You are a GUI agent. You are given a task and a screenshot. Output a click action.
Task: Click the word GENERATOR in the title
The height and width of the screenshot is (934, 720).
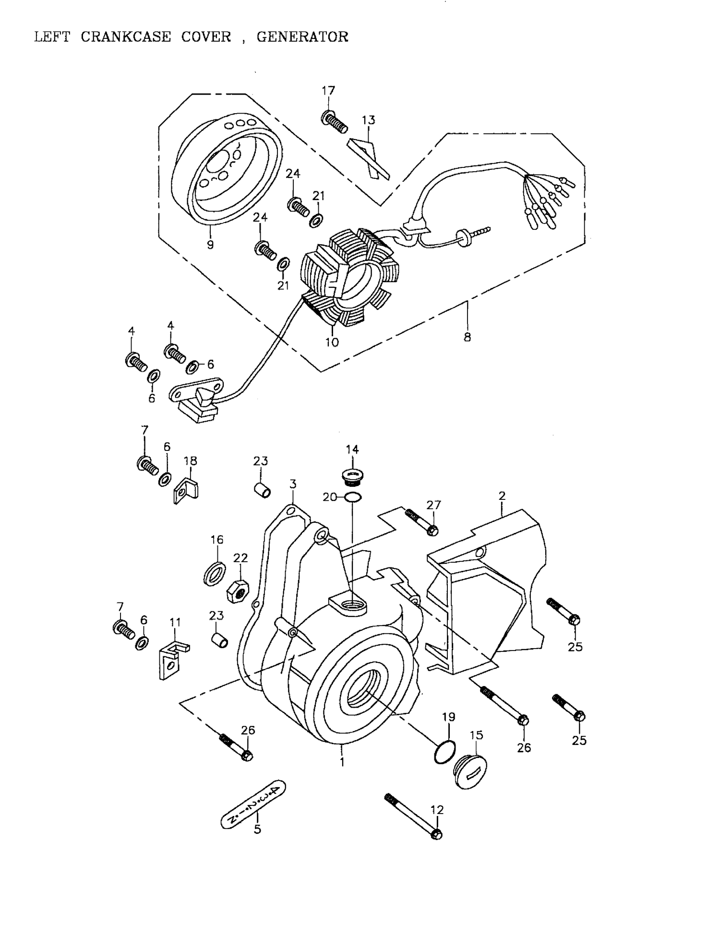point(302,37)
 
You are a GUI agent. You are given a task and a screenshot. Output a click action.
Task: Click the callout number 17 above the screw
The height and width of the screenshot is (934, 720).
point(328,91)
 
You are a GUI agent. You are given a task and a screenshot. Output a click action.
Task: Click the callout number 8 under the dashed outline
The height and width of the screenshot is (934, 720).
point(467,337)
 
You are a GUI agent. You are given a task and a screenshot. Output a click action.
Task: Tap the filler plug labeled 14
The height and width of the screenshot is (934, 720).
point(352,477)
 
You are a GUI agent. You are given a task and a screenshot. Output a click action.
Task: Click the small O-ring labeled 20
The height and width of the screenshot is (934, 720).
point(353,497)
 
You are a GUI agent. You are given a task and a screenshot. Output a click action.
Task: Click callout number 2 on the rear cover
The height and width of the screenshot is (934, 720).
point(502,496)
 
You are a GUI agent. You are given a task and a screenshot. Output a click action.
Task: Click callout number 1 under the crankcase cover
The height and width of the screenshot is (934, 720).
point(342,762)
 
